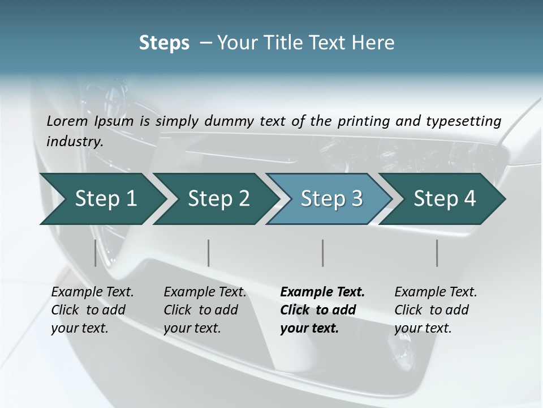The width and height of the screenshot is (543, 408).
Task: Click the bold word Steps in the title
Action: [x=164, y=43]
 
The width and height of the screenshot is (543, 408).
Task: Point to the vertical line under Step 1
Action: [x=96, y=253]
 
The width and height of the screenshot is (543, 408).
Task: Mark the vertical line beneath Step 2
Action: [x=209, y=253]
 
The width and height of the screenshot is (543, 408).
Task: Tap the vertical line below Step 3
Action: [x=323, y=253]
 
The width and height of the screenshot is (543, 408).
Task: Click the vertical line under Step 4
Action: [x=437, y=253]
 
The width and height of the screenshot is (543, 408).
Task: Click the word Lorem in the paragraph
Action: [x=67, y=121]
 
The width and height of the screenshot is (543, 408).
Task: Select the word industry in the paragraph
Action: [x=75, y=142]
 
